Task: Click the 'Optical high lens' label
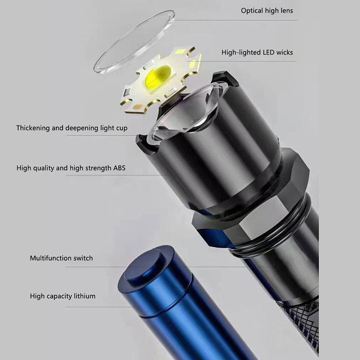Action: pyautogui.click(x=267, y=11)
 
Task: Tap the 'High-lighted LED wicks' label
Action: pyautogui.click(x=257, y=53)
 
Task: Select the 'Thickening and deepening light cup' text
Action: pyautogui.click(x=72, y=128)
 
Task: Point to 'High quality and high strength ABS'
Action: pyautogui.click(x=71, y=168)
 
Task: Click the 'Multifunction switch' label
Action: pyautogui.click(x=61, y=258)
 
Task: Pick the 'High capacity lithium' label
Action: pyautogui.click(x=63, y=296)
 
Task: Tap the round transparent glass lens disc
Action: pyautogui.click(x=134, y=42)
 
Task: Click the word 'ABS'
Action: pyautogui.click(x=119, y=168)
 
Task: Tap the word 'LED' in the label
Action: pyautogui.click(x=269, y=52)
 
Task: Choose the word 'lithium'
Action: pyautogui.click(x=85, y=296)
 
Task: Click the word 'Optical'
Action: pyautogui.click(x=252, y=11)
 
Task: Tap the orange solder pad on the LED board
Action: pyautogui.click(x=138, y=107)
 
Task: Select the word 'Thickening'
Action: pyautogui.click(x=33, y=128)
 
